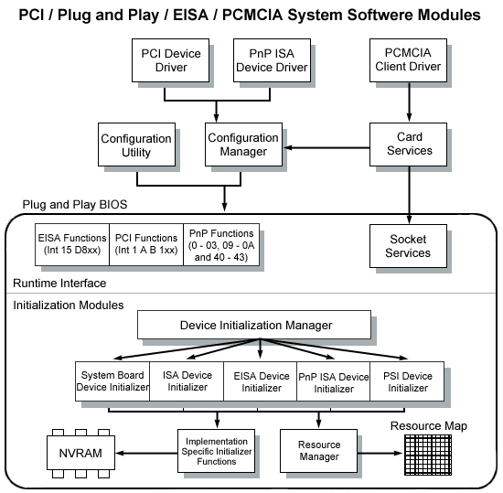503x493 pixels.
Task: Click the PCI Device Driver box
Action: coord(170,60)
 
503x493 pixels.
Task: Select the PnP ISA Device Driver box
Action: coord(272,60)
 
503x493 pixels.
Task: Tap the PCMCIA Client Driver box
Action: coord(408,60)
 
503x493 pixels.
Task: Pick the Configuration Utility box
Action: coord(136,145)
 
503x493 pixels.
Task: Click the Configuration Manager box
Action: coord(243,145)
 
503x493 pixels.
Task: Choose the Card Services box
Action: coord(408,145)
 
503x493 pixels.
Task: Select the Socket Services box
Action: coord(408,246)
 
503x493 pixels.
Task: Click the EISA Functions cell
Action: coord(72,245)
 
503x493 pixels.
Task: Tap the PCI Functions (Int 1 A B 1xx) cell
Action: coord(146,245)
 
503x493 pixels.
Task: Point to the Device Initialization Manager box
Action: coord(254,325)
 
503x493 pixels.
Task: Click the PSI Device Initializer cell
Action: coord(407,381)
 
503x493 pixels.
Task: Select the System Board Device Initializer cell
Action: coord(112,381)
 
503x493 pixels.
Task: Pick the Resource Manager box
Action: coord(318,451)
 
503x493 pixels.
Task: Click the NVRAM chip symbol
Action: coord(80,453)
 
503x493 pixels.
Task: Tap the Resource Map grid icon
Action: coord(428,455)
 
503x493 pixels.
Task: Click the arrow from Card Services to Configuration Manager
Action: coord(326,147)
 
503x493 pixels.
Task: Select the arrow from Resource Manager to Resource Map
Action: coord(380,453)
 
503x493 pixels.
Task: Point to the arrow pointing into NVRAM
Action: coord(146,453)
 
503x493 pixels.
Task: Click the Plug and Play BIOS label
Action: coord(75,204)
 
